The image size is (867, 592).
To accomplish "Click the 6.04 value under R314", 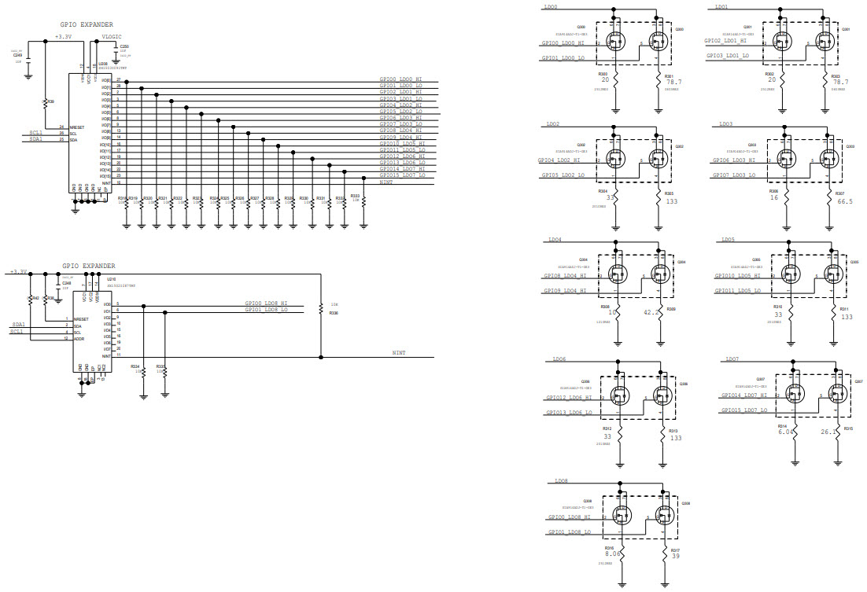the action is [784, 432].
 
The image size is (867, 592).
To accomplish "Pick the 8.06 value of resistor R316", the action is [613, 554].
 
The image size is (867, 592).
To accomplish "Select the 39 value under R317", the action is [675, 555].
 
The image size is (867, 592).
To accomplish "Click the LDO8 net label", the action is [561, 481].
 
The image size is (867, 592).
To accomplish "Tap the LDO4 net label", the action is [555, 240].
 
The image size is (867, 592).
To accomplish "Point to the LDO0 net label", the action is [551, 6].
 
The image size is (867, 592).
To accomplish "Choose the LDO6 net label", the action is [559, 359].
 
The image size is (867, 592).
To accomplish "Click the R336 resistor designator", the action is [334, 314].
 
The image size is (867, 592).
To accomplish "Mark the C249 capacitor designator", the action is [17, 55].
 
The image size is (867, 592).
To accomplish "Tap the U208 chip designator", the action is [101, 63].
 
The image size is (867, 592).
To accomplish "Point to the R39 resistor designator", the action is [51, 101].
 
